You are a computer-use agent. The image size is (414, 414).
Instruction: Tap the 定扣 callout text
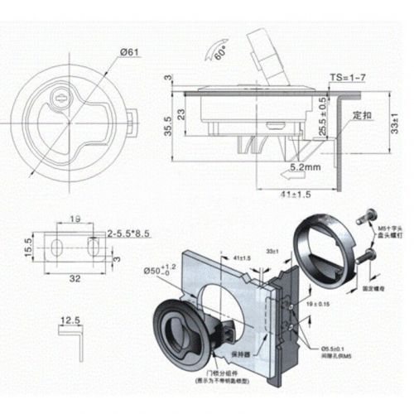coord(361,116)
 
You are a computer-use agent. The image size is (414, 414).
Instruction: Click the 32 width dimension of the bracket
coord(75,280)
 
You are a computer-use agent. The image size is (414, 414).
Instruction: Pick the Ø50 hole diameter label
coord(161,271)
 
